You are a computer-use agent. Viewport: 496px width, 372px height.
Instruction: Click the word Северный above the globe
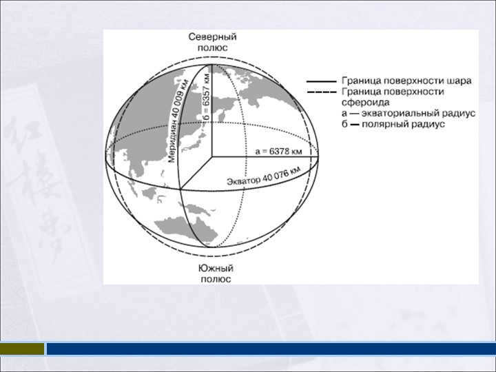tap(212, 37)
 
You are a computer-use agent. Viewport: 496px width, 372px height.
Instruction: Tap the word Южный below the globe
tap(216, 268)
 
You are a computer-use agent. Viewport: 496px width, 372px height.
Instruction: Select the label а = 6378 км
tap(278, 152)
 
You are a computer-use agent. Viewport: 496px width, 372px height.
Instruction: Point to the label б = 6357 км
tap(206, 97)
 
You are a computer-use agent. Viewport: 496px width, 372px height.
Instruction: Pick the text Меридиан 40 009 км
tap(179, 120)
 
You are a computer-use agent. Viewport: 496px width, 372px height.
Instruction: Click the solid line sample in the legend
tap(322, 81)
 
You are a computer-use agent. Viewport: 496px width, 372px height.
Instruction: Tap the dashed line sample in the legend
tap(322, 92)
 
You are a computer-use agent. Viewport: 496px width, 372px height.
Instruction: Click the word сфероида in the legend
tap(365, 103)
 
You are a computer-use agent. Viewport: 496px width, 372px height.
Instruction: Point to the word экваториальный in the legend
tap(403, 113)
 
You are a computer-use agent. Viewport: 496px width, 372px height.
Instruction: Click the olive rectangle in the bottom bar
tap(22, 349)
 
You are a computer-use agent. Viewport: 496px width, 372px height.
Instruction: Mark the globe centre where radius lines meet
tap(212, 156)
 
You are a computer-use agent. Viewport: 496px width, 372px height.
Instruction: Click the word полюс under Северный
tap(213, 48)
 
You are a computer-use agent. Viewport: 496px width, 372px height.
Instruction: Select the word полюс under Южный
tap(216, 279)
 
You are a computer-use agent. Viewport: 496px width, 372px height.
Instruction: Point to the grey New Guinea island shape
tap(197, 209)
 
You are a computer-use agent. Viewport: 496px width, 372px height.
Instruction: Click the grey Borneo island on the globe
tap(150, 193)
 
